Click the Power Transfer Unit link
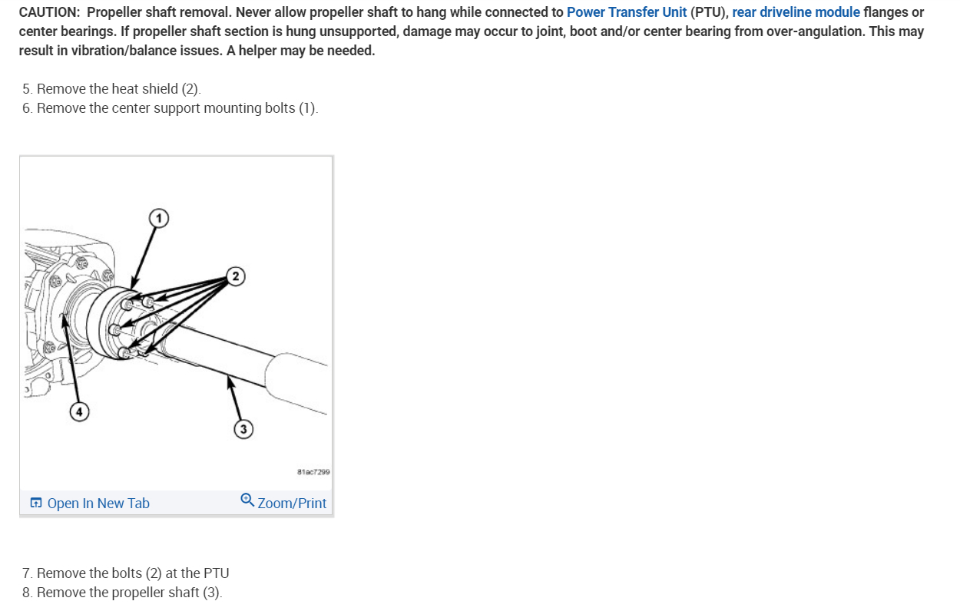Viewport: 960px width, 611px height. coord(626,13)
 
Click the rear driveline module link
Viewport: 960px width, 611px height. coord(796,13)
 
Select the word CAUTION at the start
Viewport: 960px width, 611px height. coord(48,13)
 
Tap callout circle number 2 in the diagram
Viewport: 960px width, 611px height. coord(236,276)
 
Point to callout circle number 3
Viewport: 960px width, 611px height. coord(243,429)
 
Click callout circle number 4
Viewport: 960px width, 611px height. coord(79,412)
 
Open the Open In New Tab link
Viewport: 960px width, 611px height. coord(98,504)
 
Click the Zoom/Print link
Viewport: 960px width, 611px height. coord(292,504)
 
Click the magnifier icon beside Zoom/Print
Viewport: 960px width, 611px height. coord(247,500)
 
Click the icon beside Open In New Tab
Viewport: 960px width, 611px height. coord(36,504)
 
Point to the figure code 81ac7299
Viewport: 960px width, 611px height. coord(313,472)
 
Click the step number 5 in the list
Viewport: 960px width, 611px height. coord(27,89)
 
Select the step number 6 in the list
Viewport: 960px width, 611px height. coord(27,108)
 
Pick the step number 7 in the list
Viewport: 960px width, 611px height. coord(27,573)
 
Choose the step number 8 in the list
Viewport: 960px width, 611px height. coord(27,593)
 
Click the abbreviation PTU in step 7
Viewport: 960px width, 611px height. coord(216,573)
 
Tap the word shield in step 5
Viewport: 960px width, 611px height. coord(161,89)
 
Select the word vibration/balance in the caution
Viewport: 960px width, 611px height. coord(119,51)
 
